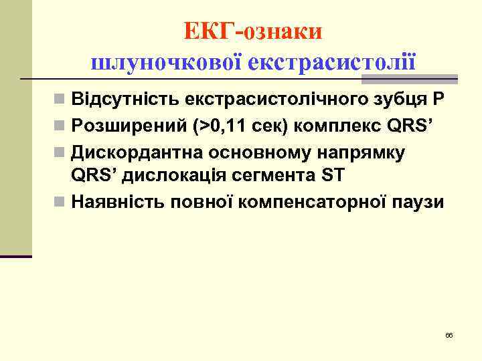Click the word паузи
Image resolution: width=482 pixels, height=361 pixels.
pyautogui.click(x=418, y=201)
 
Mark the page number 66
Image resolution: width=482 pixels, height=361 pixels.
pyautogui.click(x=449, y=334)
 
